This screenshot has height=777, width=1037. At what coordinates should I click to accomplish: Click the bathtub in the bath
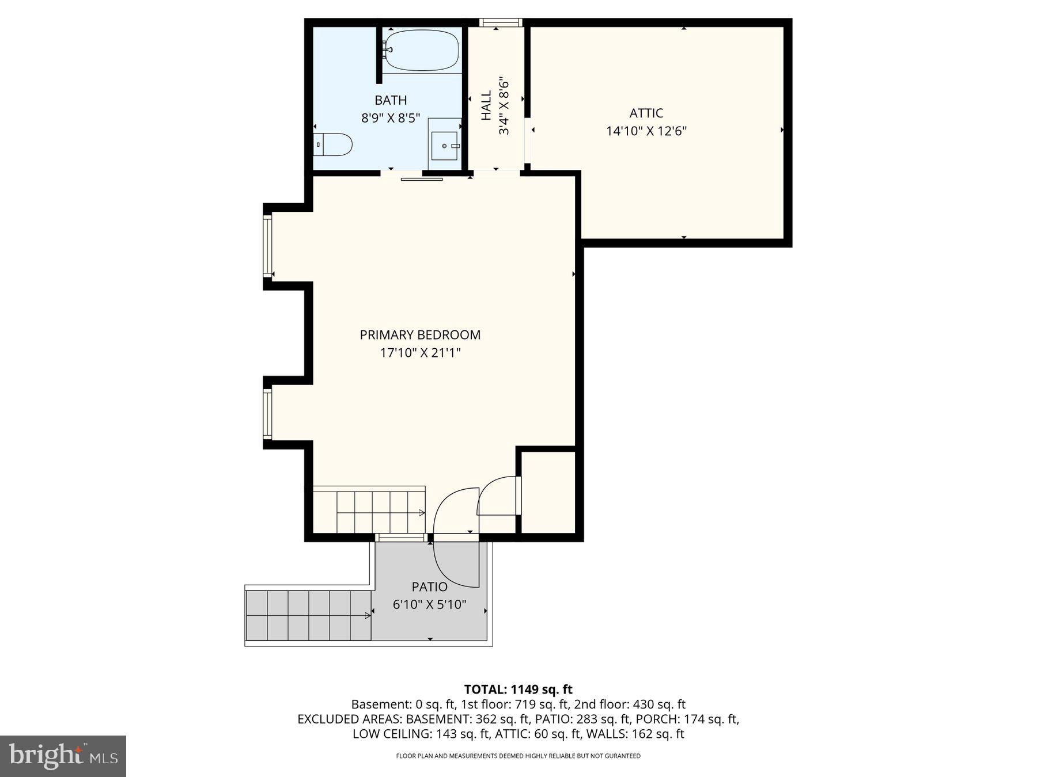click(x=422, y=50)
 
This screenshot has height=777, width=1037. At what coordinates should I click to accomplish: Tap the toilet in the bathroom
click(x=334, y=144)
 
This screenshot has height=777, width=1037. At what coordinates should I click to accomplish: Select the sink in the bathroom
click(x=445, y=145)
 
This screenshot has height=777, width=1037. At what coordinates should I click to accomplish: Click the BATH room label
click(x=391, y=100)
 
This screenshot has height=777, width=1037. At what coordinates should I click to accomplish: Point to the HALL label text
click(x=487, y=105)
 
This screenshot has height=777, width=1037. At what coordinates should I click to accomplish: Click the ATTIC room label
click(x=646, y=113)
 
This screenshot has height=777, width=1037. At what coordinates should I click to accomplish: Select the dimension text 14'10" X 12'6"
click(x=646, y=131)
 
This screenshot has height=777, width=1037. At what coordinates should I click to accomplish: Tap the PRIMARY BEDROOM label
click(x=420, y=335)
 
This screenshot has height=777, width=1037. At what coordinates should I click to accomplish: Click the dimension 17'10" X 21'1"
click(x=420, y=353)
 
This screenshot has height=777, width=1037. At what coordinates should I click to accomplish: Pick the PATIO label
click(x=429, y=587)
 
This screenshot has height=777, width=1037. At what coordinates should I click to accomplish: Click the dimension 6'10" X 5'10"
click(x=429, y=605)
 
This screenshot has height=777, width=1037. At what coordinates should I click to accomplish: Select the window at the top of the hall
click(x=501, y=23)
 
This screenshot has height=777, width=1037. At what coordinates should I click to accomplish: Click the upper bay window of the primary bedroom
click(x=267, y=246)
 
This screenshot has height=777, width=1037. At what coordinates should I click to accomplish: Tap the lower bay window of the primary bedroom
click(x=267, y=414)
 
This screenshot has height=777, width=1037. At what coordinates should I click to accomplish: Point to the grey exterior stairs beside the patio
click(x=308, y=615)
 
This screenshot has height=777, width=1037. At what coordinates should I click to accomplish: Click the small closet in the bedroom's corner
click(x=548, y=492)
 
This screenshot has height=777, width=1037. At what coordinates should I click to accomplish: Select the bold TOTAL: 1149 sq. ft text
click(x=518, y=690)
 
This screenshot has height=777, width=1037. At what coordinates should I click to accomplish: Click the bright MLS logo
click(x=63, y=756)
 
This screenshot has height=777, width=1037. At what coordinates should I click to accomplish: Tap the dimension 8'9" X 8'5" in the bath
click(x=391, y=119)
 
